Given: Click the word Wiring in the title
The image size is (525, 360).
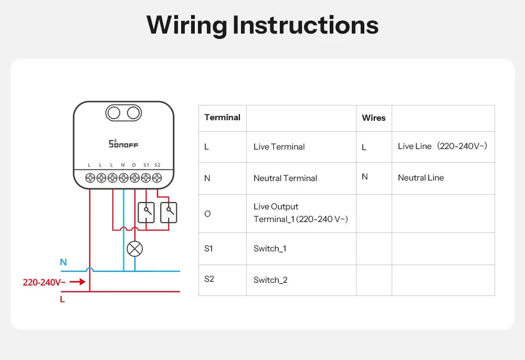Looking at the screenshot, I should [x=186, y=25].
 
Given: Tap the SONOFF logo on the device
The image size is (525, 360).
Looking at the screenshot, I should [x=123, y=144].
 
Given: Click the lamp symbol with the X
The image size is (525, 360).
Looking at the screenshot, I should [x=135, y=249].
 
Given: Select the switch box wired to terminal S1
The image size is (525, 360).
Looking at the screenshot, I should [x=146, y=211].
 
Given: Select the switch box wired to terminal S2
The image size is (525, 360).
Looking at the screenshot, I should [x=169, y=211].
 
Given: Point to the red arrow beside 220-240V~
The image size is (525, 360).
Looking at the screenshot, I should [x=77, y=282].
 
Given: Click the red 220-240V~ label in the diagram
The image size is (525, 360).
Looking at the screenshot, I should [x=44, y=282].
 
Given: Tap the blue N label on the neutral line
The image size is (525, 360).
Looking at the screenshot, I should [x=64, y=262].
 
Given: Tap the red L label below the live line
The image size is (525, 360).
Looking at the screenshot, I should [x=62, y=300].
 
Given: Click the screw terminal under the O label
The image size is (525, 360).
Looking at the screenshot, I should [x=134, y=178].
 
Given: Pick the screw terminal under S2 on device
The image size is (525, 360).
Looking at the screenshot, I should [x=157, y=178].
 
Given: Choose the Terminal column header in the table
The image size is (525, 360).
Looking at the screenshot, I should [x=222, y=118].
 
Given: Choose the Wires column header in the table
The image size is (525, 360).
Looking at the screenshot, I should [x=374, y=118].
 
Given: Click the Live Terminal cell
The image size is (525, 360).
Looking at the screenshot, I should [x=279, y=147].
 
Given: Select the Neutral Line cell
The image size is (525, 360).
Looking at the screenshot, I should [x=421, y=178].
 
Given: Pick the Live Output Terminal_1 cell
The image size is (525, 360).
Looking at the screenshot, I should [x=300, y=213].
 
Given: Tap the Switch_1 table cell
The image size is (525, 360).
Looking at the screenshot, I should [x=270, y=249].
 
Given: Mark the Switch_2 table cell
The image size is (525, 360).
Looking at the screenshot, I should [x=270, y=280].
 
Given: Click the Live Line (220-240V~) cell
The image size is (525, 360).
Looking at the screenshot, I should [x=443, y=146].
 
